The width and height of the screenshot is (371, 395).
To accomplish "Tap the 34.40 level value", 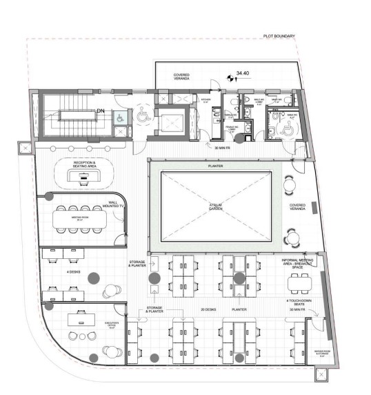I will point(242,71).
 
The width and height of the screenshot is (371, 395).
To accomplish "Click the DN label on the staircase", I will point(100,110).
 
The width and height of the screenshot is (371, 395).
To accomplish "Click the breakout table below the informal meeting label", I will point(300,281).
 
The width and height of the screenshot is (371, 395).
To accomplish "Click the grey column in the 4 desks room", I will point(93,278).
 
